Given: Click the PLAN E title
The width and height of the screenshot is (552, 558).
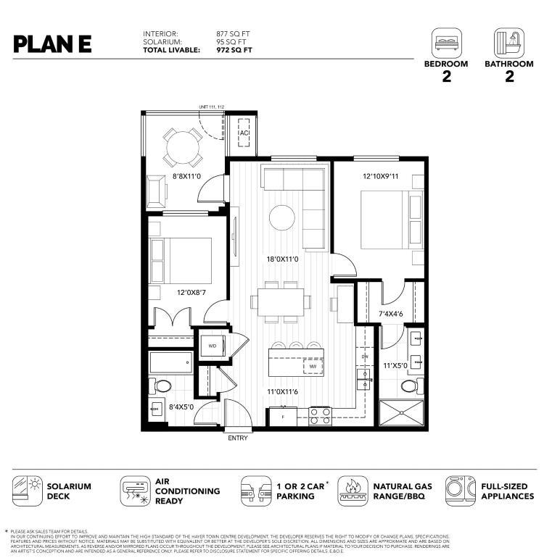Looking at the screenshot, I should pos(52,43).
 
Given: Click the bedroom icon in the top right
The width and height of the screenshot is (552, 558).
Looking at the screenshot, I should pos(446,43).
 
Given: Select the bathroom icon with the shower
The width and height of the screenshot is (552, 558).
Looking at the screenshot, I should pos(508,43).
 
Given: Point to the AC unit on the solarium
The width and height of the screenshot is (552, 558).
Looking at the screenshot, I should pos(244,133).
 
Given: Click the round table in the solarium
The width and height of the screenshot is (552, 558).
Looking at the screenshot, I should pos(181,148).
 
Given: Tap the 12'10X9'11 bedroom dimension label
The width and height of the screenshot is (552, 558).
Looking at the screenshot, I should pos(382,176).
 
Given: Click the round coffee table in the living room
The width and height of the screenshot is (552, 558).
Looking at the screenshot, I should pos(281,217).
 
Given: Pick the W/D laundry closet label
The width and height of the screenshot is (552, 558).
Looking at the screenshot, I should pos(213,346).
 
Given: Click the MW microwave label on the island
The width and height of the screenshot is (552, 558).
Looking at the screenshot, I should pos(313,367).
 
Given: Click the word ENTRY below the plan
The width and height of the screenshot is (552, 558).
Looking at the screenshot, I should pos(237,438).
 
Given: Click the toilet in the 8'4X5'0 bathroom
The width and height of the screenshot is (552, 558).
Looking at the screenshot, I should pos(161,386).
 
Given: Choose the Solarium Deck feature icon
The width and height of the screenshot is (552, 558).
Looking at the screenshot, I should pos(27,491).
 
